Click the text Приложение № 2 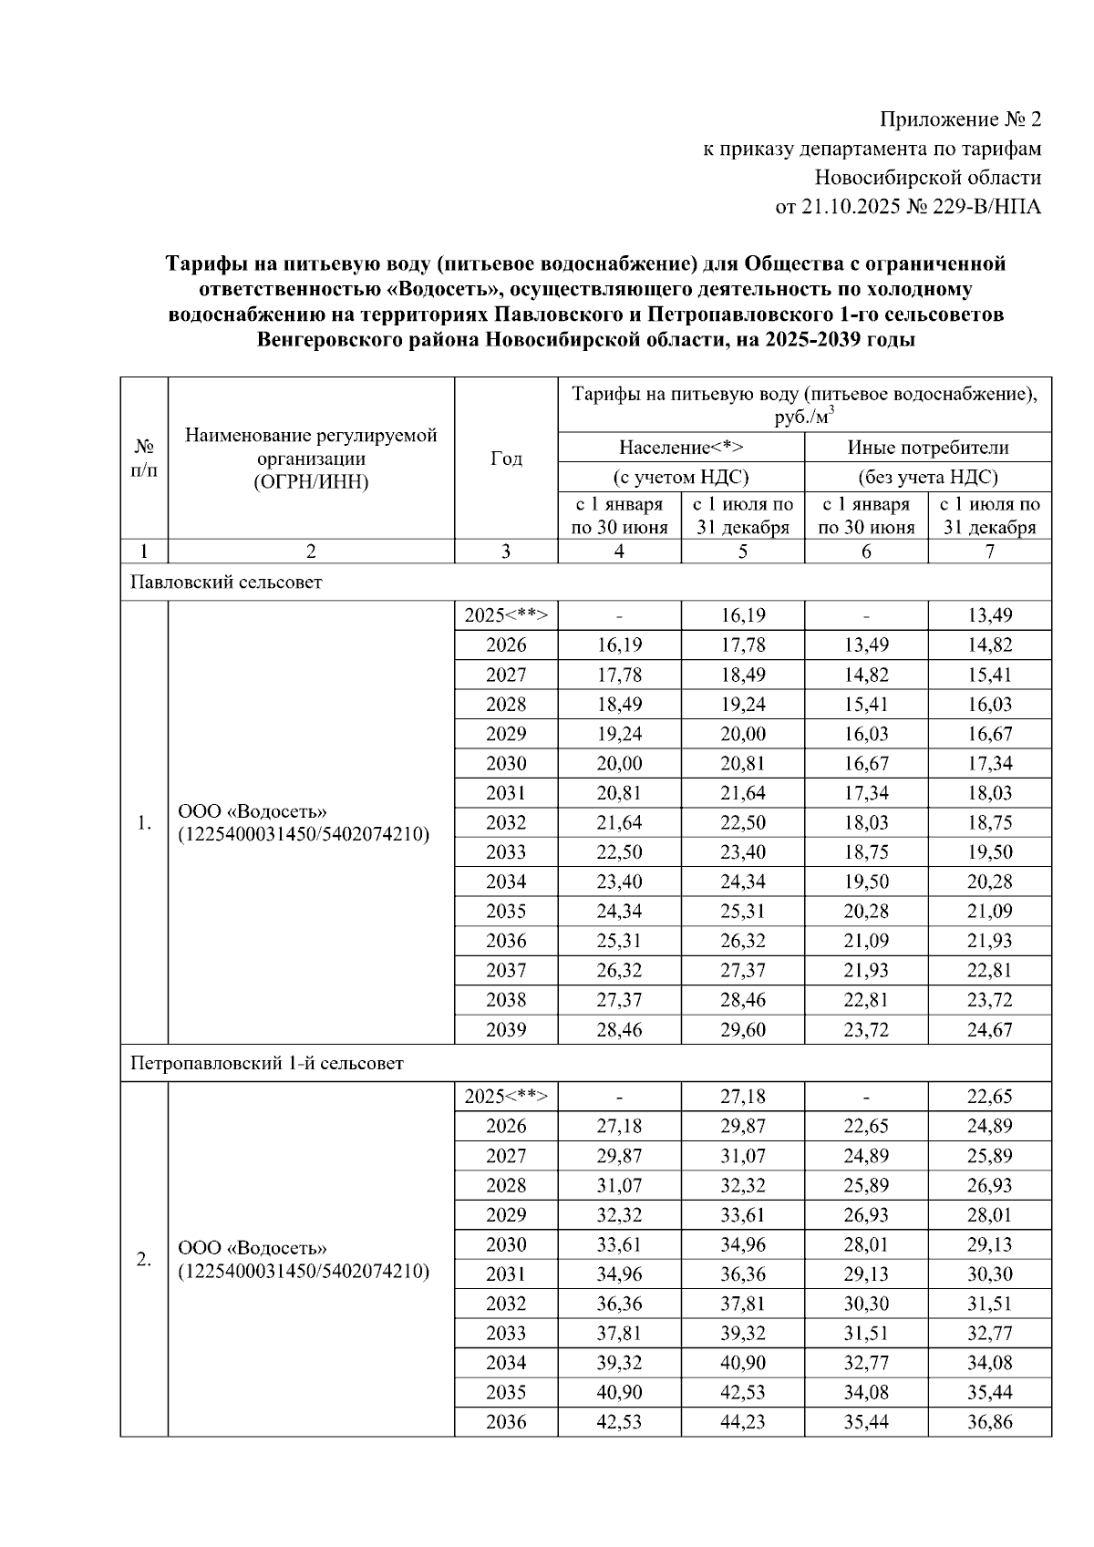coord(959,119)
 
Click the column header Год coord(506,459)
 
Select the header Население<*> coord(680,447)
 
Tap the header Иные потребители coord(927,447)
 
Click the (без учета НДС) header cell coord(927,477)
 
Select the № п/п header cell coord(143,458)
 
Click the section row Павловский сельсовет coord(226,582)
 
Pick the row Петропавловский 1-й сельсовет coord(266,1063)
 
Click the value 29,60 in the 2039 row coord(742,1030)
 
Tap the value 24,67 coord(989,1030)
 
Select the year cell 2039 coord(506,1030)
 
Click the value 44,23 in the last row coord(742,1421)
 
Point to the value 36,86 coord(989,1421)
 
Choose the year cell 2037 coord(506,970)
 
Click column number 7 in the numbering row coord(989,551)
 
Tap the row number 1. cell coord(143,823)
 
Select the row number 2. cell coord(143,1259)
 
